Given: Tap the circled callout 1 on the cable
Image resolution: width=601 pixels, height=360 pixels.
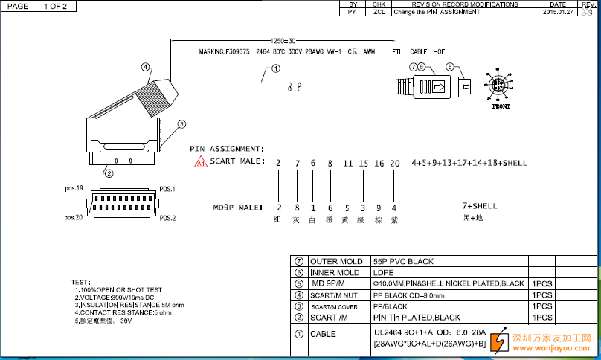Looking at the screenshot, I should pyautogui.click(x=275, y=69).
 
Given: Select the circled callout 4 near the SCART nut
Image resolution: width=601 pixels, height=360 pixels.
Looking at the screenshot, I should pyautogui.click(x=146, y=68).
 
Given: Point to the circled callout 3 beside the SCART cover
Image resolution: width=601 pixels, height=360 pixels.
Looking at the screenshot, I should pyautogui.click(x=181, y=124).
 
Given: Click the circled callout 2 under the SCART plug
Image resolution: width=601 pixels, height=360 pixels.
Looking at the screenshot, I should pyautogui.click(x=109, y=173).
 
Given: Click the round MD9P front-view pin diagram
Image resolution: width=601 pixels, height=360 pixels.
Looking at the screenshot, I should pyautogui.click(x=500, y=86).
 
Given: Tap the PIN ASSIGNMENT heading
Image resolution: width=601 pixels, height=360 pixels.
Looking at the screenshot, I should pyautogui.click(x=227, y=149).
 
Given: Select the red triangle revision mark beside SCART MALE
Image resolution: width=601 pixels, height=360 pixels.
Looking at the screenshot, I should pyautogui.click(x=201, y=163).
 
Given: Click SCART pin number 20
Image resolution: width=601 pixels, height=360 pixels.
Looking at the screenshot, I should pyautogui.click(x=394, y=163).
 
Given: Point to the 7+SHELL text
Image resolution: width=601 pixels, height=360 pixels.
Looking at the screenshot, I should pyautogui.click(x=480, y=205).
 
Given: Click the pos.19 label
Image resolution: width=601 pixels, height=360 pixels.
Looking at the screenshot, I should pyautogui.click(x=74, y=189).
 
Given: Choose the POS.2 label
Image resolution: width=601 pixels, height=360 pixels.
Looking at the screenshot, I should pyautogui.click(x=167, y=218).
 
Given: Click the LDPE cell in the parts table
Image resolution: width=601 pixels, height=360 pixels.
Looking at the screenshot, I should pyautogui.click(x=384, y=272).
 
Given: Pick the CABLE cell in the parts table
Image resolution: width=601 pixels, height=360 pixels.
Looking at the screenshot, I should pyautogui.click(x=323, y=335).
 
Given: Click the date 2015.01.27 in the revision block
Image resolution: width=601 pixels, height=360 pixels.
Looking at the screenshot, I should pyautogui.click(x=559, y=13).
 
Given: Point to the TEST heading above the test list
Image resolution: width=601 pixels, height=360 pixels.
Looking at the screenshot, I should pyautogui.click(x=80, y=283).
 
